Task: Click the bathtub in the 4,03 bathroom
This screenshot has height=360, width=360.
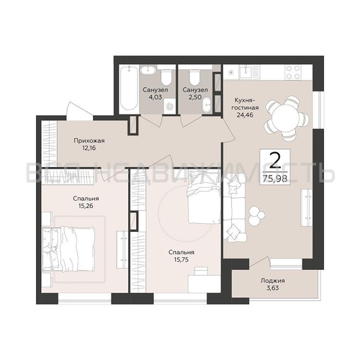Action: click(129, 88)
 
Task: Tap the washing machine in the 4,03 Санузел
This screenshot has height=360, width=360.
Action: click(170, 106)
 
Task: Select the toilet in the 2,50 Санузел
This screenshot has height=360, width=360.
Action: click(194, 76)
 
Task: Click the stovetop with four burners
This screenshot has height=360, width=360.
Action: click(293, 72)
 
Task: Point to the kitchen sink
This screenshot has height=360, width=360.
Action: click(246, 71)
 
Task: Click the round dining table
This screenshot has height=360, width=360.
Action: click(287, 118)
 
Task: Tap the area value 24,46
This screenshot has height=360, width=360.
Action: click(245, 114)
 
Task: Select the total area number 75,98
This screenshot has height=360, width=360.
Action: click(275, 179)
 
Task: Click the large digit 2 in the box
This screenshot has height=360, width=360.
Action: click(275, 161)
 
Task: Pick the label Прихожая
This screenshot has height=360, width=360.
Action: click(89, 140)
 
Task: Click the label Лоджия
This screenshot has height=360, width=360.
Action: click(273, 281)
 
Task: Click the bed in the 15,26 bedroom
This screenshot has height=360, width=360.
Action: click(68, 250)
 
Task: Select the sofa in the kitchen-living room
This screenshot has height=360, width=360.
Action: click(235, 207)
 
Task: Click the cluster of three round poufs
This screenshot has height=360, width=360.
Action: click(256, 215)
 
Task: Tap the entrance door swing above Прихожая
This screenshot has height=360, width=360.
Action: click(79, 111)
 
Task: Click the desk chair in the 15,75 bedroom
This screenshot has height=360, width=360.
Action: click(202, 271)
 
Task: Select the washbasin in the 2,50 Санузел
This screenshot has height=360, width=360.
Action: click(207, 105)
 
